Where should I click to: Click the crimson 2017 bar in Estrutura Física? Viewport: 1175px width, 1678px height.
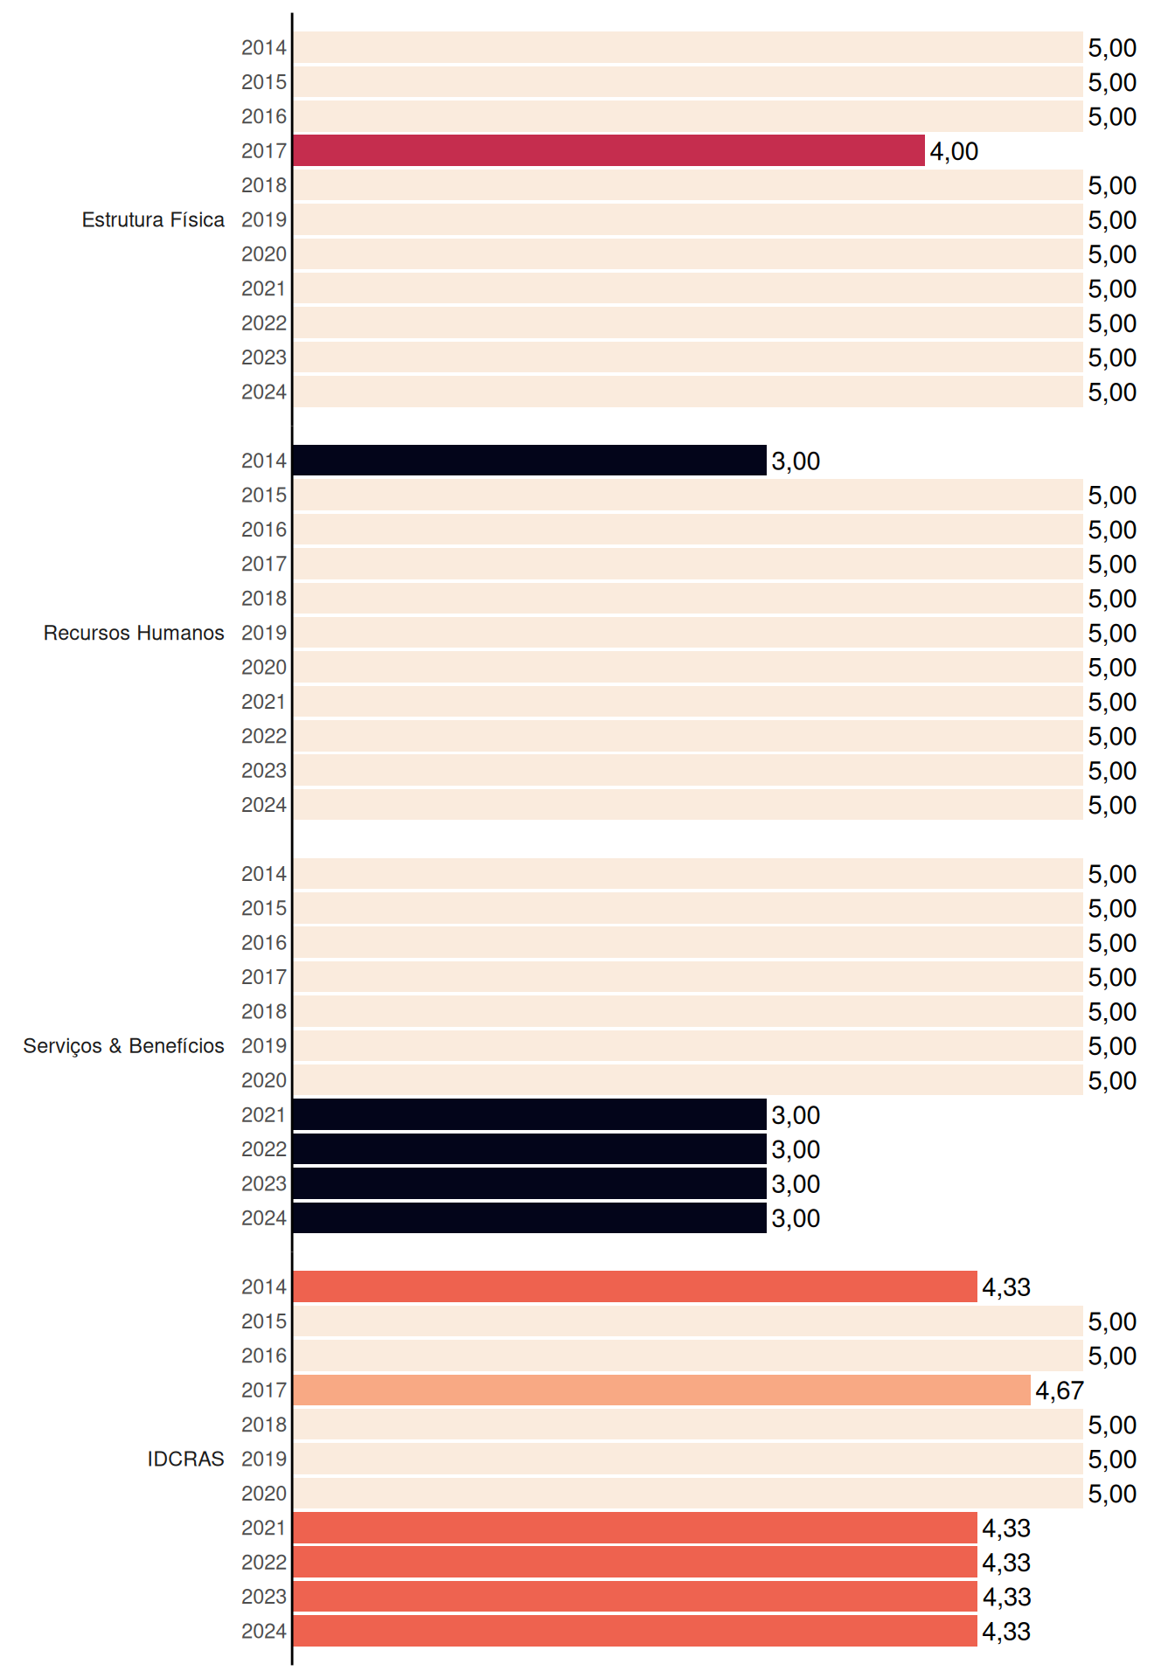click(x=608, y=150)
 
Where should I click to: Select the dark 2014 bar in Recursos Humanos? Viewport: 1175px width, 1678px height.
click(x=530, y=461)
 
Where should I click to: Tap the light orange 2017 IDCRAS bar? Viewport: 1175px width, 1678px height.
click(x=662, y=1390)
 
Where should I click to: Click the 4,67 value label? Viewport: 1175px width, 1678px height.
click(x=1060, y=1390)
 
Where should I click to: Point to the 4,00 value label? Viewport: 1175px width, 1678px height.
click(x=954, y=151)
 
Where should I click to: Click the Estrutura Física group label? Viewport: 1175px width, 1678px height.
click(x=153, y=219)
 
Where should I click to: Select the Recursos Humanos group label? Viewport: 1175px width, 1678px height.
click(x=134, y=633)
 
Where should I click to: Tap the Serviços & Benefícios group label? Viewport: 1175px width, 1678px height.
click(x=123, y=1046)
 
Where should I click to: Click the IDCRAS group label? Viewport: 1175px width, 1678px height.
click(x=185, y=1459)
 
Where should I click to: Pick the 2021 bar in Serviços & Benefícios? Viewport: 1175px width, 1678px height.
click(x=530, y=1114)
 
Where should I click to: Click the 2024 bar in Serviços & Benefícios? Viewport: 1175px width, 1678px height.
click(x=530, y=1217)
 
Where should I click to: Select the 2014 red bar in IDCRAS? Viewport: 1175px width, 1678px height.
click(x=635, y=1286)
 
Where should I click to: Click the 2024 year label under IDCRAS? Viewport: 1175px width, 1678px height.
click(x=264, y=1631)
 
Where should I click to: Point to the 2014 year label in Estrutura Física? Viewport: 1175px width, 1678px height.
click(x=264, y=47)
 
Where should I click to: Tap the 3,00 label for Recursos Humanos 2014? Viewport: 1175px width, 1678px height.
click(x=796, y=461)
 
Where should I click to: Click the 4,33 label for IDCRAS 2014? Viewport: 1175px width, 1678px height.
click(x=1006, y=1286)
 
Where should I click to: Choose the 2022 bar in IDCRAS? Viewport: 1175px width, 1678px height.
click(x=635, y=1562)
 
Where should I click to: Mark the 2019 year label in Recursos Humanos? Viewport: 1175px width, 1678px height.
click(x=264, y=633)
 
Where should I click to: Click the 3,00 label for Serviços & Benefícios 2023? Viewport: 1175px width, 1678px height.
click(x=796, y=1183)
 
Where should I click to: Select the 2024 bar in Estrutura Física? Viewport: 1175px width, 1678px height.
click(x=688, y=392)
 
